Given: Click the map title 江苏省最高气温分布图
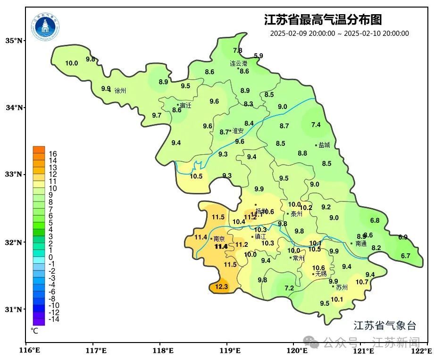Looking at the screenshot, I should coord(323,20).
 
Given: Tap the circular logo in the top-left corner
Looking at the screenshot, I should coord(46,27).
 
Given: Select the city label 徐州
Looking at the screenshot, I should coord(120,91).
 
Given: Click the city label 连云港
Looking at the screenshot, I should coord(239,63).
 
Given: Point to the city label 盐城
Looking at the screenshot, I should coord(324,145).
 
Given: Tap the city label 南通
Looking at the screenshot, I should coord(361,244).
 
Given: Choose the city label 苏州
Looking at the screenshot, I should coord(342,287).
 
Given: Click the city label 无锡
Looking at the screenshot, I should coord(321,274).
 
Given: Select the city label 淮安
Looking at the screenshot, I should coord(238,131).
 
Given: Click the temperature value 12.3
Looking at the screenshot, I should coord(221,286).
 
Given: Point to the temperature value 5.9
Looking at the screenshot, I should coord(259,56).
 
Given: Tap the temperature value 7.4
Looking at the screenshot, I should coord(316,125).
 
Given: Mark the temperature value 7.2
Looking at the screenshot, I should coord(289,288).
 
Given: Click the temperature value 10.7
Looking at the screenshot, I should coord(362,282).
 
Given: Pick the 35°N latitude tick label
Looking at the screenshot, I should coord(14,41).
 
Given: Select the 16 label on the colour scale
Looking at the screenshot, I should coord(53,154).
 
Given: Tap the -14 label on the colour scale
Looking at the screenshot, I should coord(54,319).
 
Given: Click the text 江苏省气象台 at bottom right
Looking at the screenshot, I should coord(385,326).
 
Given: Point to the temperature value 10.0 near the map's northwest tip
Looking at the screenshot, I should coord(71,63).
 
